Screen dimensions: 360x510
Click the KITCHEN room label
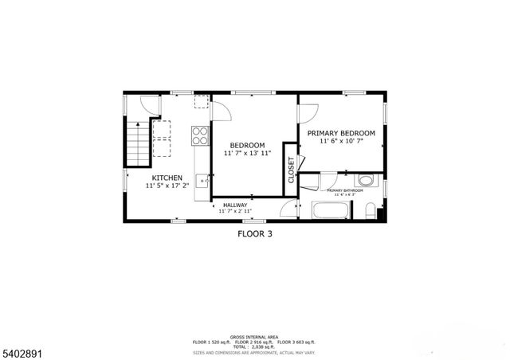(168, 178)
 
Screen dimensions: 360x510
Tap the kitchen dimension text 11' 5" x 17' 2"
(168, 186)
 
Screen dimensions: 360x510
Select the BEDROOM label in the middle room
(248, 145)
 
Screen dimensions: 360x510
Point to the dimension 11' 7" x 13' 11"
(248, 153)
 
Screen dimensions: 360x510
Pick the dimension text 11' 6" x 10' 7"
(342, 141)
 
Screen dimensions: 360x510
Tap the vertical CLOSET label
(291, 170)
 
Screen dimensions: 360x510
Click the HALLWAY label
(235, 205)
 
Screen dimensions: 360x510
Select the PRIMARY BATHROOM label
(344, 191)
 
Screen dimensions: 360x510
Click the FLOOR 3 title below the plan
(255, 234)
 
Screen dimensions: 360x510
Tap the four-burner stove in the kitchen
(199, 135)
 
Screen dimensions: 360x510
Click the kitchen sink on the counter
(202, 181)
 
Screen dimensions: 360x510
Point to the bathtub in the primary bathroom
(330, 212)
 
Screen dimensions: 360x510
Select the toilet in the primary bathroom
(371, 211)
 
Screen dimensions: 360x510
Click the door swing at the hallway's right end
(288, 209)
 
